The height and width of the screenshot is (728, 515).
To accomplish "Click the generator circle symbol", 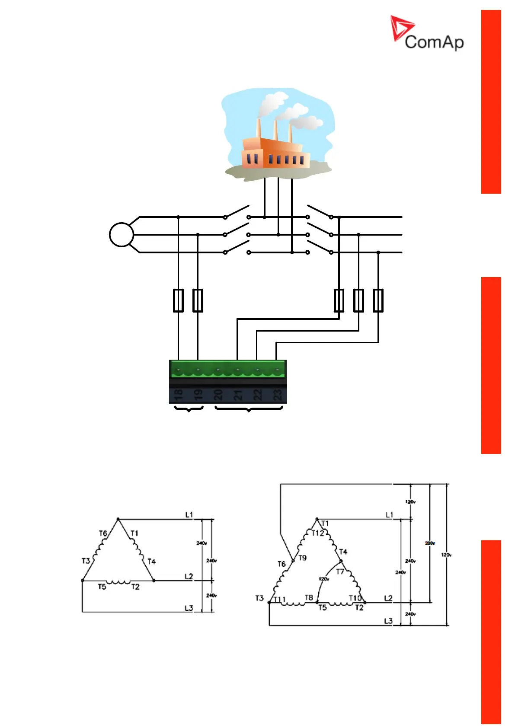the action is coord(122,235).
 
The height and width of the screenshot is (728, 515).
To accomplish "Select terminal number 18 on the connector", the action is coord(178,394).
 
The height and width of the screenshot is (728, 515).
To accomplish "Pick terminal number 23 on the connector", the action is coord(277,394).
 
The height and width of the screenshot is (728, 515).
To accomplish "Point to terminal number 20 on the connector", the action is coord(218,394).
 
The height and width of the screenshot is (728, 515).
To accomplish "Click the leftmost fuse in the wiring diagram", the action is coord(178,300).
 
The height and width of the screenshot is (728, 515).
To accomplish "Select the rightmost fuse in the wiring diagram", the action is coord(378,300).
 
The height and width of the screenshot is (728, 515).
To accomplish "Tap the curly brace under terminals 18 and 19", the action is coord(189,409).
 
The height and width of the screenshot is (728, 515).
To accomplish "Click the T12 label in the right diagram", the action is coord(318,533).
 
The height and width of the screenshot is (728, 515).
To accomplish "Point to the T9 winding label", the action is coord(302,558).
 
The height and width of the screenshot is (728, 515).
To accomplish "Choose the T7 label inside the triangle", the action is coord(340,572).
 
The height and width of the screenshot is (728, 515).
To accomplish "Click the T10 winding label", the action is coord(355,598).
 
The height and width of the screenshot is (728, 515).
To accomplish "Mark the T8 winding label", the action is coord(309,597).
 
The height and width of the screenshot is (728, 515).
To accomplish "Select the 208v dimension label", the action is coord(430,543).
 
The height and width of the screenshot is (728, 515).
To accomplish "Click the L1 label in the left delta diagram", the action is coord(189,514).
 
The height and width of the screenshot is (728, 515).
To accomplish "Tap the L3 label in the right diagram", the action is coord(388,621).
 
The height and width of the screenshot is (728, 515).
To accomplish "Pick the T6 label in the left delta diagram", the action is coord(103,533).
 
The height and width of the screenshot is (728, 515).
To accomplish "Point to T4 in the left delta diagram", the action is coord(151,561).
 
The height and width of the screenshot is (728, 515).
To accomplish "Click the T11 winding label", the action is coord(280,599).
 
